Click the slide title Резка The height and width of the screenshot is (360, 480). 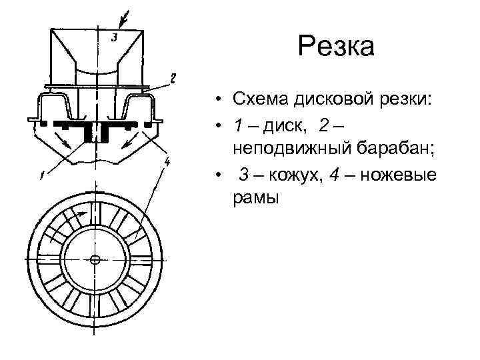tap(337, 47)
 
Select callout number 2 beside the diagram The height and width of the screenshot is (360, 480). tap(173, 79)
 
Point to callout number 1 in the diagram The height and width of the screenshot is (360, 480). tap(42, 176)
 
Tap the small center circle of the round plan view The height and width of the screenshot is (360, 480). tap(94, 259)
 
